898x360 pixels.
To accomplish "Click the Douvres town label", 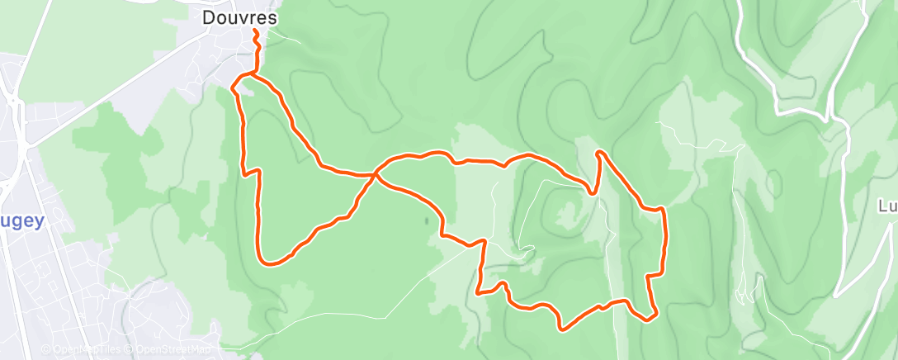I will tap(239, 17).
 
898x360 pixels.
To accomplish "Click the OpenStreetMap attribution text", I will tap(170, 350).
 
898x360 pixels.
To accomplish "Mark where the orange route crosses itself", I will tap(376, 174).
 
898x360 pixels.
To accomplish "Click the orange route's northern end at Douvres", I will tap(254, 31).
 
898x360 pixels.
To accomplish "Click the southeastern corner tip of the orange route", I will tap(653, 316).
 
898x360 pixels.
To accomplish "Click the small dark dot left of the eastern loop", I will tap(426, 220).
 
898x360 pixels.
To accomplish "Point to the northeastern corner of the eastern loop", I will tap(662, 211).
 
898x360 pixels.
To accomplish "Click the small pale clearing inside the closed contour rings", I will tap(568, 215).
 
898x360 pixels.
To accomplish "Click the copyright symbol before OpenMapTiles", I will tap(45, 350).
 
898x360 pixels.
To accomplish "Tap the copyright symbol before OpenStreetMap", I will tap(130, 350).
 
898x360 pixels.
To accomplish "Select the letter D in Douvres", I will tap(209, 17).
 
